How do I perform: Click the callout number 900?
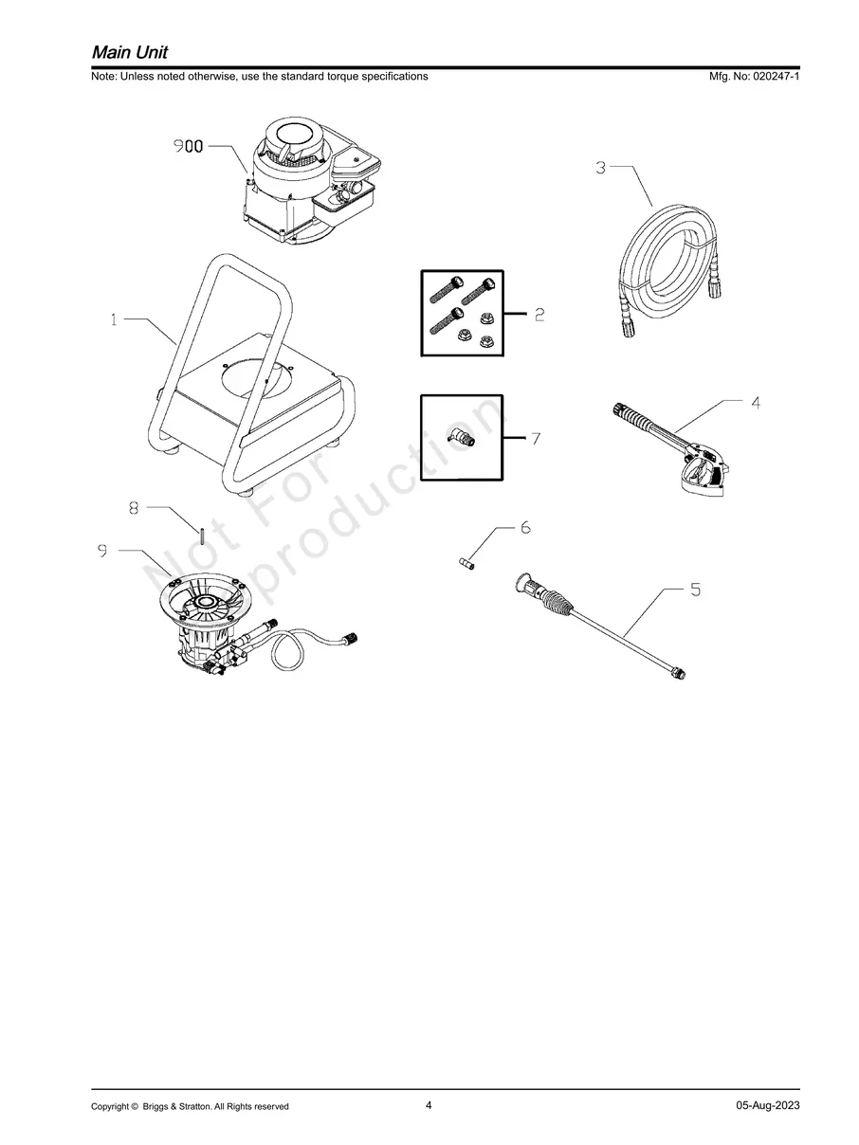click(188, 147)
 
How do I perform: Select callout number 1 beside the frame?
click(114, 320)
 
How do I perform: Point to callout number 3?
click(601, 168)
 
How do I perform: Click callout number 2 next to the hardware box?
click(539, 315)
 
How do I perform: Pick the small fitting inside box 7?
click(463, 438)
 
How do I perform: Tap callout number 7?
click(536, 439)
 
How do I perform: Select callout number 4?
click(756, 402)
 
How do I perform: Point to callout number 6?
click(525, 527)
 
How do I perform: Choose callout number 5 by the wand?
click(695, 590)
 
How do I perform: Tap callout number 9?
click(101, 550)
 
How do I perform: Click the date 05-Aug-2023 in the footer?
click(767, 1105)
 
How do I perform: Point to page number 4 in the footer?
click(429, 1105)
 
